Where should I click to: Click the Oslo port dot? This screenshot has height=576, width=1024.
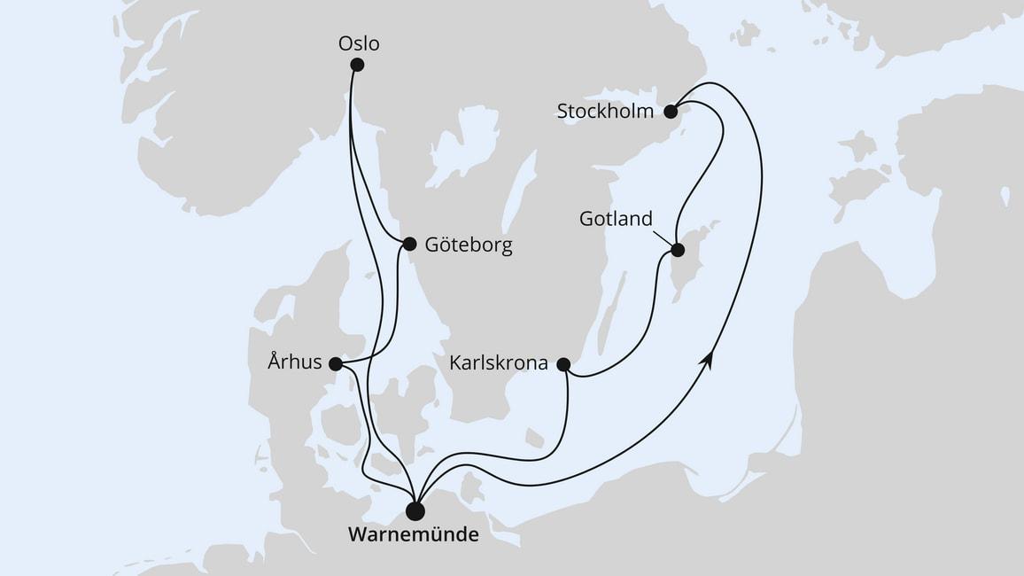point(357,64)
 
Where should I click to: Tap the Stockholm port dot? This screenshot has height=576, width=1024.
point(671,112)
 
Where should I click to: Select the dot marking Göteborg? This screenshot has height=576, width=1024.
point(409,244)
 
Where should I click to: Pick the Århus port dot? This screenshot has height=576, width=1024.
point(335,363)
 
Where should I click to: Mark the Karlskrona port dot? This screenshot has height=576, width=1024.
point(563,363)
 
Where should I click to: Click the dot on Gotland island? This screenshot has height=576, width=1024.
point(678,250)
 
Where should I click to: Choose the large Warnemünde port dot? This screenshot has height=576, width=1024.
point(415,511)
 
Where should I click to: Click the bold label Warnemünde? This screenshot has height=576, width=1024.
point(414,535)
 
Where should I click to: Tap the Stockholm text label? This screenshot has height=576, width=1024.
point(606,112)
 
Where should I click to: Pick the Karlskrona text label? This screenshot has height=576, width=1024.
point(497,363)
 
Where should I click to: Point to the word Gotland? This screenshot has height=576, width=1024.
point(616,219)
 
